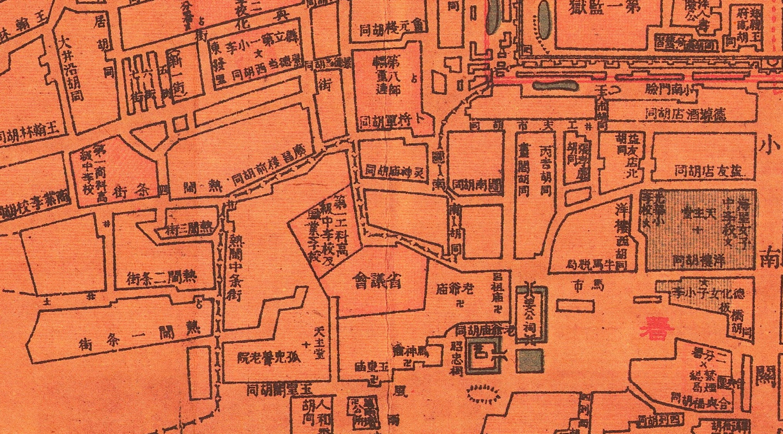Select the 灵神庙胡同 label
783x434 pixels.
click(x=395, y=170)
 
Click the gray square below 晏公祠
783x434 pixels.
click(x=530, y=361)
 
